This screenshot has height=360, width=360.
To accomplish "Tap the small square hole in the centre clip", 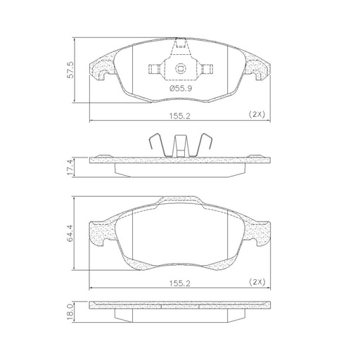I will coord(180,69).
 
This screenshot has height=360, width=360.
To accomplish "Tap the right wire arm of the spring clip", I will coord(204,144).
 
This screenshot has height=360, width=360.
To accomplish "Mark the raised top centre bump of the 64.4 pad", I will coord(180,201).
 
